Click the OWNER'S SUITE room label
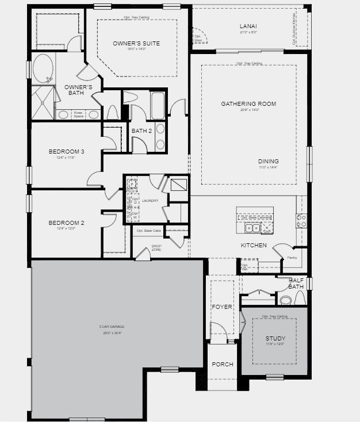tap(136, 44)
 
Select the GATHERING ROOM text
tap(248, 104)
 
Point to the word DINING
tap(268, 162)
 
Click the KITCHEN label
tap(254, 246)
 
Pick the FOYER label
tap(221, 307)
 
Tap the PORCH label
tap(221, 365)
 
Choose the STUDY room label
tap(274, 339)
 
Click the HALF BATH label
tap(296, 283)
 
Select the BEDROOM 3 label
tap(66, 152)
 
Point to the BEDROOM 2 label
tap(66, 223)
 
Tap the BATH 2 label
tap(141, 131)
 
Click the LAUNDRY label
tap(150, 201)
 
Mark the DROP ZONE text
tap(156, 248)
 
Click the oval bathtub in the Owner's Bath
tap(43, 69)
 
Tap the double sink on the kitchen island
tap(254, 228)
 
